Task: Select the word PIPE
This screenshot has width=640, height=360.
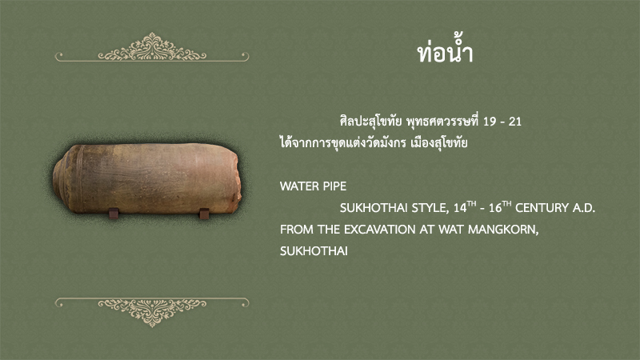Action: pyautogui.click(x=334, y=186)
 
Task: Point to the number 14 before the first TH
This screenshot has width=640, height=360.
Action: pyautogui.click(x=460, y=208)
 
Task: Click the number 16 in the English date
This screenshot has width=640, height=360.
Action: pyautogui.click(x=495, y=208)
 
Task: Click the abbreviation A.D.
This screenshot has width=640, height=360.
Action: pyautogui.click(x=584, y=208)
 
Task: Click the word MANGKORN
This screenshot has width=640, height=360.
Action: pyautogui.click(x=503, y=230)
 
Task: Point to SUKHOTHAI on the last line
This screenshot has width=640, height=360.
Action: pyautogui.click(x=314, y=251)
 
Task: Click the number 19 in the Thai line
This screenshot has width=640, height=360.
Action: pyautogui.click(x=490, y=122)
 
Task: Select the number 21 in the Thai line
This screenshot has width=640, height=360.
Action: pyautogui.click(x=515, y=122)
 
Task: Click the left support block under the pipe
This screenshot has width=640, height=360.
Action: pyautogui.click(x=113, y=213)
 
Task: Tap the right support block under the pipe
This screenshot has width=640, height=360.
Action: pyautogui.click(x=204, y=214)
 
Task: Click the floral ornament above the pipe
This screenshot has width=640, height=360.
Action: pyautogui.click(x=152, y=47)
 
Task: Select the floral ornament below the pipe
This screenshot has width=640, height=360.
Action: pyautogui.click(x=152, y=312)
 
